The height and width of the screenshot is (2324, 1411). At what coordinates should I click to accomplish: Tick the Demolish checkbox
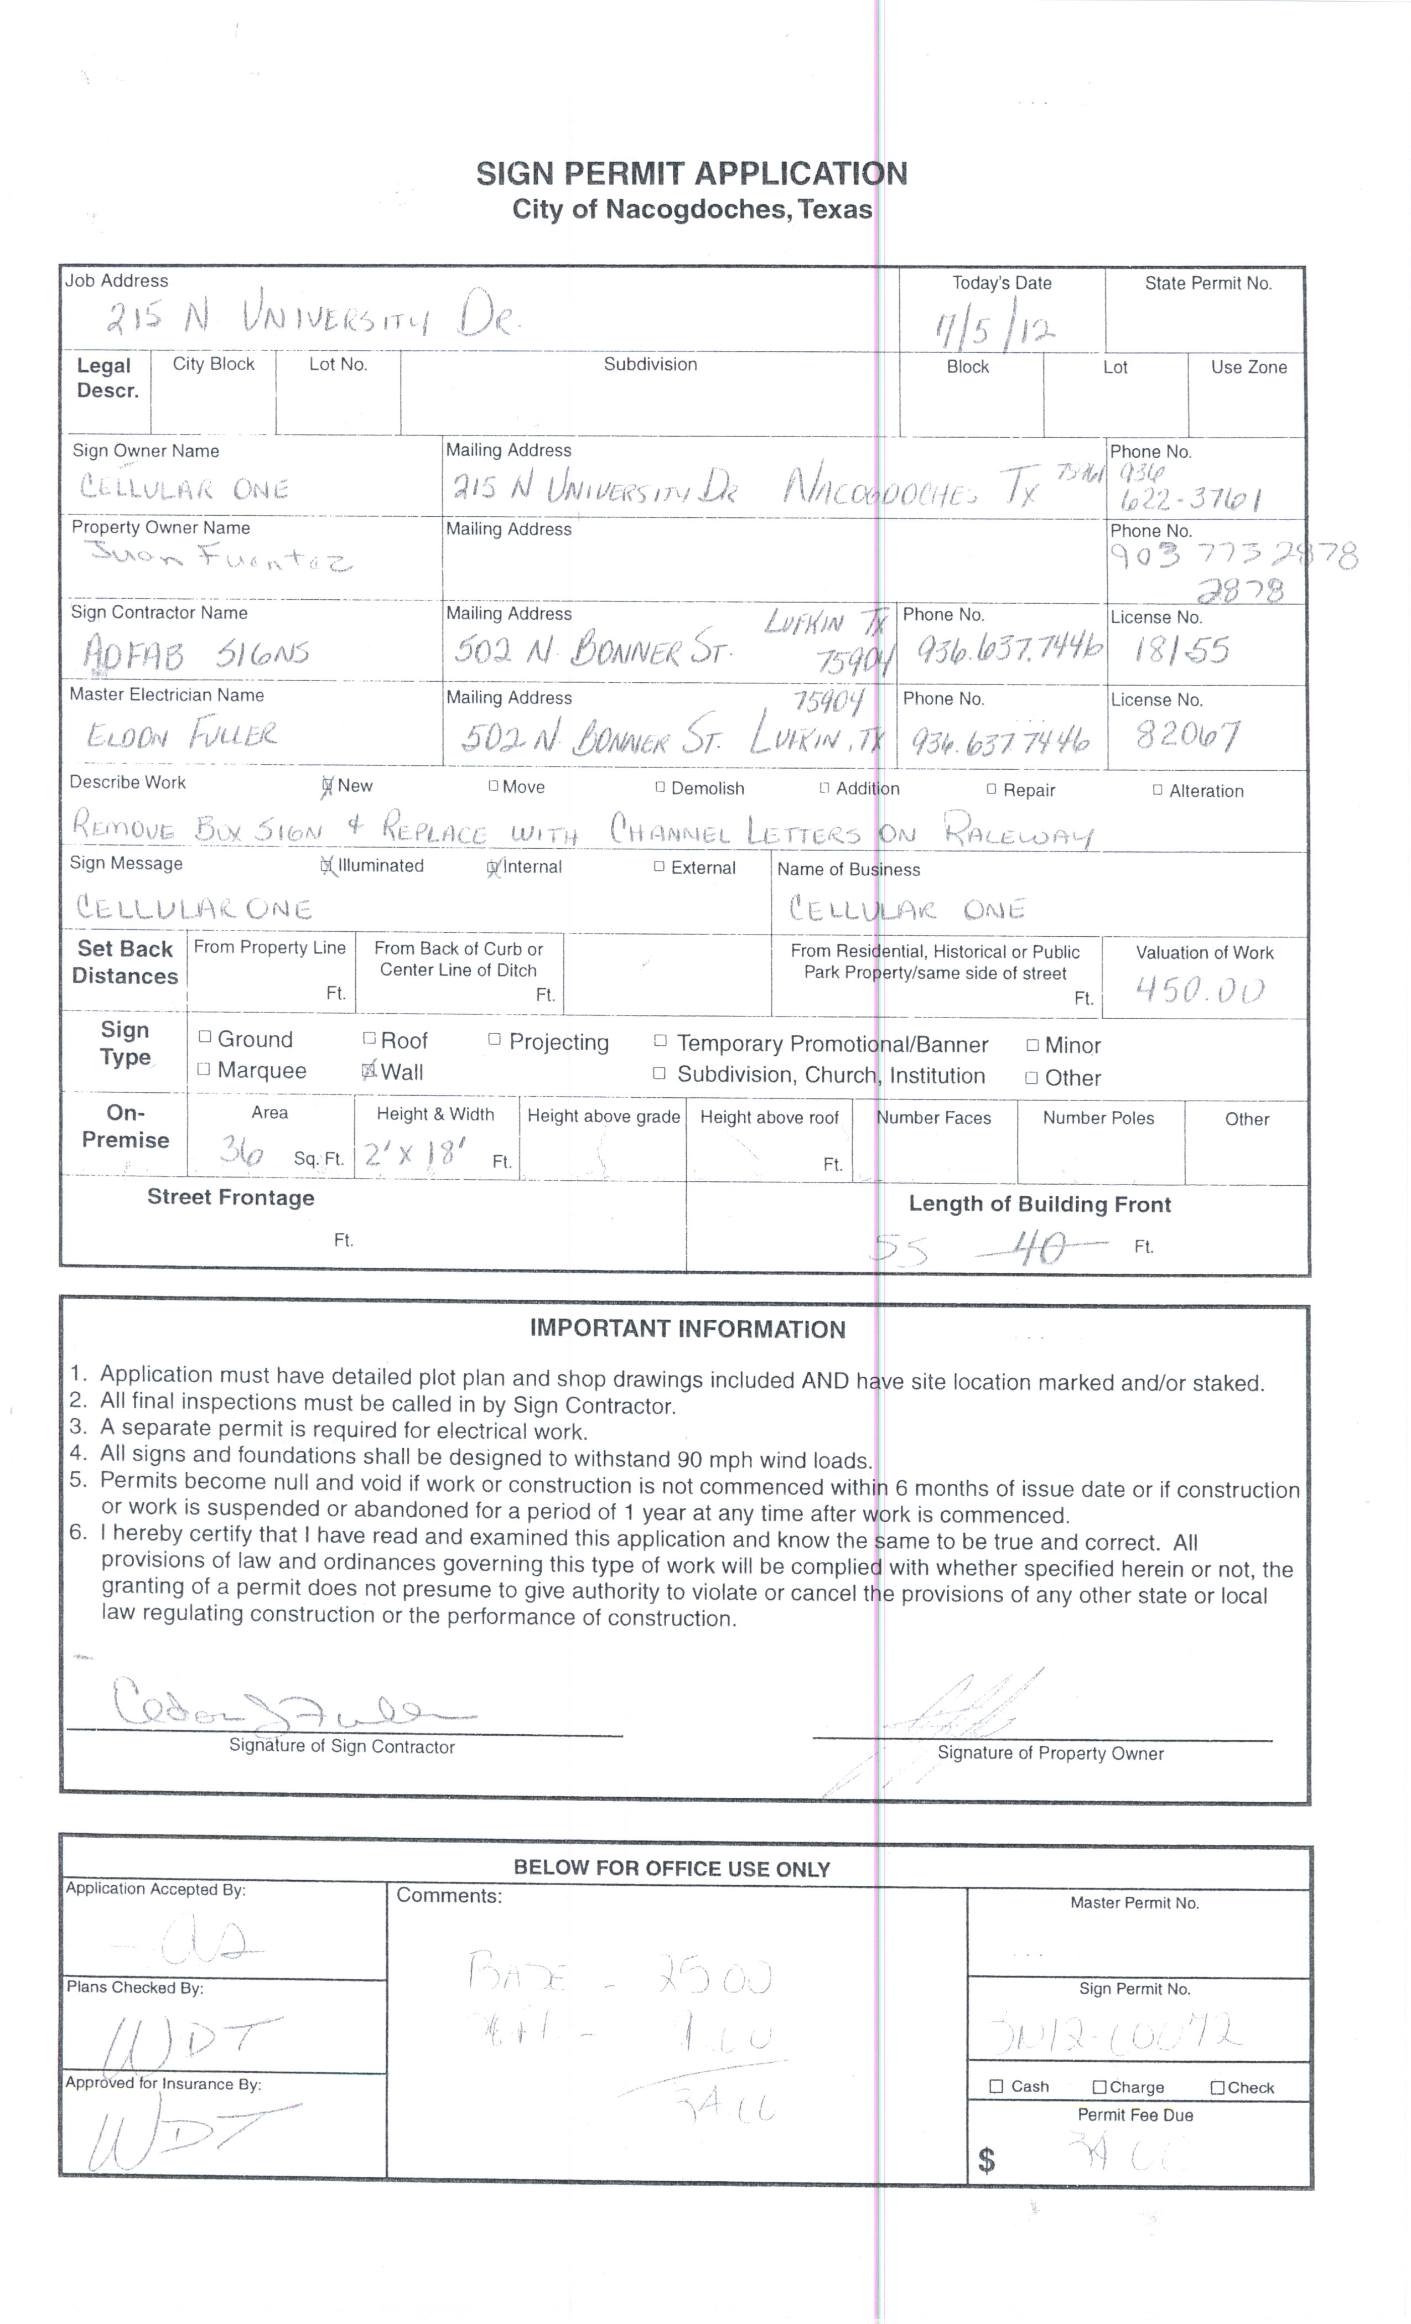coord(660,787)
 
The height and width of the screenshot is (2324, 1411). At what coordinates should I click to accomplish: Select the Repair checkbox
coord(991,788)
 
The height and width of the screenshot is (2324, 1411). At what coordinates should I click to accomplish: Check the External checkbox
coord(659,867)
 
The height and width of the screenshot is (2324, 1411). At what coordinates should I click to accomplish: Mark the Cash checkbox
coord(996,2086)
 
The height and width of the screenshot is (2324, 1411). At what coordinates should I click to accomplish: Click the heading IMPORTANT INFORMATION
coord(688,1329)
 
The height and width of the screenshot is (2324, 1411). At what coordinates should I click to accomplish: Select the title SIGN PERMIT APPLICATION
coord(691,174)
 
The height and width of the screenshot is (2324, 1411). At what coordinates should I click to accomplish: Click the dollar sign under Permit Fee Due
coord(987,2159)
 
